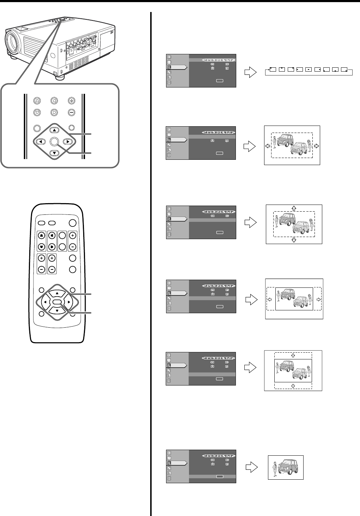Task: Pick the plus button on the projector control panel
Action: coord(72,100)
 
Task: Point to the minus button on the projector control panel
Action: coord(72,113)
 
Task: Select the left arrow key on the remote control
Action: coord(45,302)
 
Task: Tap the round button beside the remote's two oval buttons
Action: coord(73,223)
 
